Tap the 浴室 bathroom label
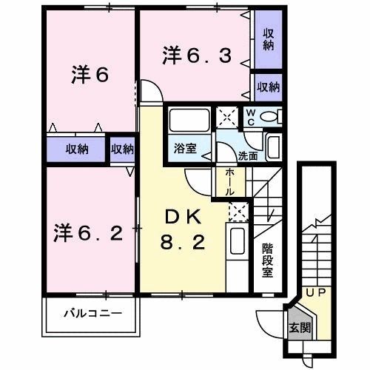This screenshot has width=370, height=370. pos(186,148)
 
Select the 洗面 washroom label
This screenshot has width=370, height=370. pos(248,156)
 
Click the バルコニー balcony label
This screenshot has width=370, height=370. pos(93,313)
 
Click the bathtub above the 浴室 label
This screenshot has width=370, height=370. pos(189,120)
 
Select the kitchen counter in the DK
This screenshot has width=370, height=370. pos(238,252)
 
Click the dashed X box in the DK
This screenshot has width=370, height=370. pos(238,212)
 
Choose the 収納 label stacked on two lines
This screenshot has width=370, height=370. pos(268,38)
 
